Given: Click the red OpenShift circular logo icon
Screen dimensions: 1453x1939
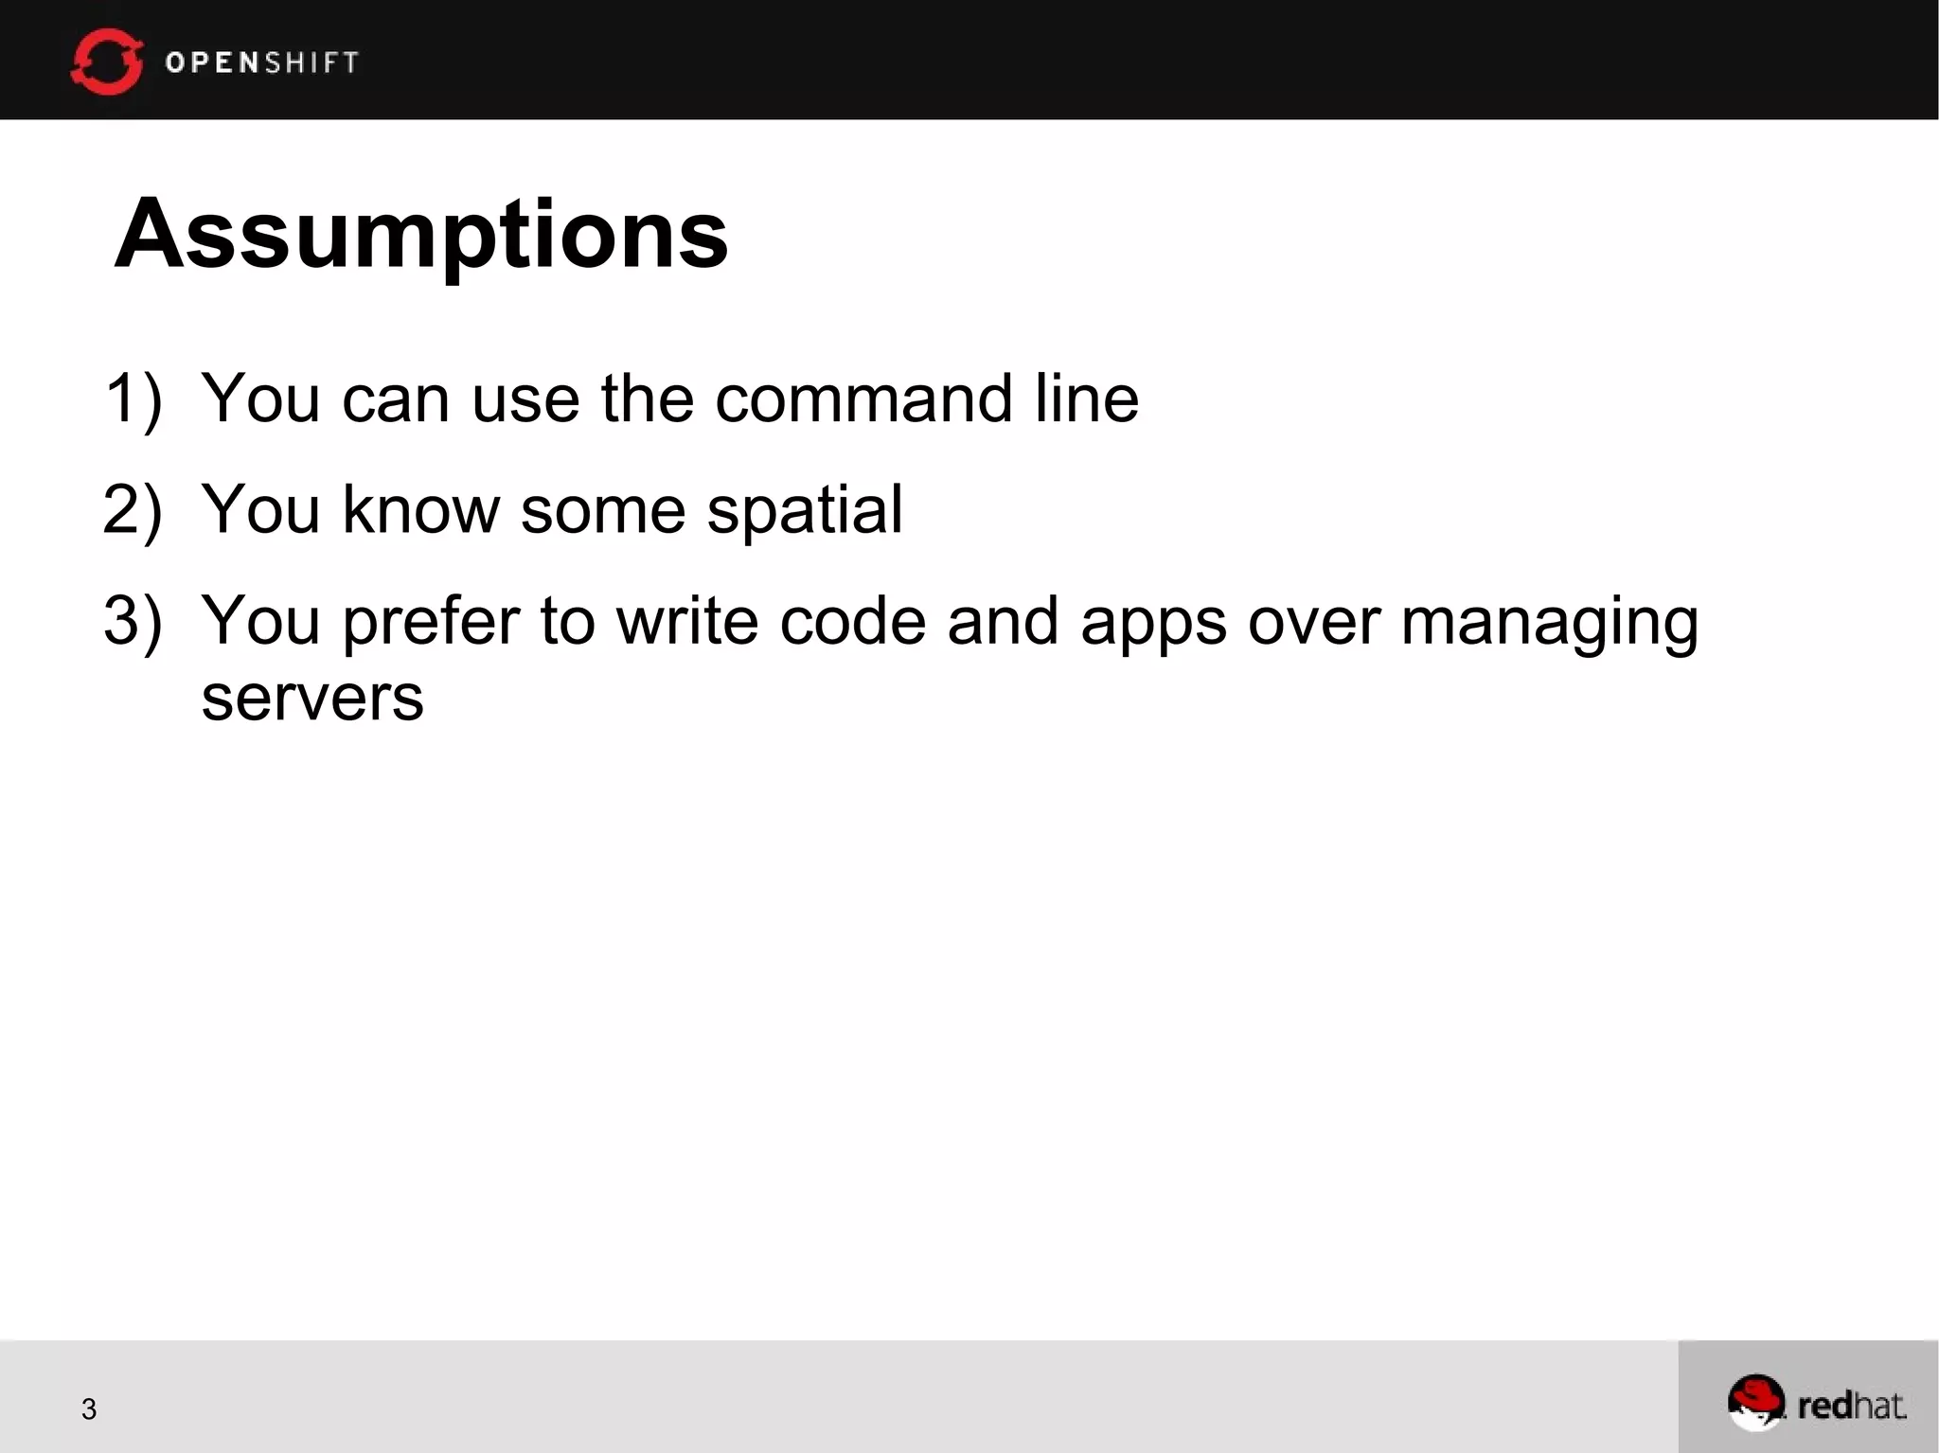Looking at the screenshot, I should [x=106, y=62].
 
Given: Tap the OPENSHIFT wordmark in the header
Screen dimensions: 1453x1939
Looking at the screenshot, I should [x=262, y=62].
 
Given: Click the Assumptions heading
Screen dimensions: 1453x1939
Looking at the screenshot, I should [x=421, y=234].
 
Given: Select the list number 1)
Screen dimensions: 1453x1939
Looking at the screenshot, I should [x=133, y=399].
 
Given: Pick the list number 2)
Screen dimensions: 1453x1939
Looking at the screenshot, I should [x=133, y=510].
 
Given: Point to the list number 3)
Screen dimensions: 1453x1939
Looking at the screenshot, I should [x=133, y=621].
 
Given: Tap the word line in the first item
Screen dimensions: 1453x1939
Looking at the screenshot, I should [x=1086, y=399].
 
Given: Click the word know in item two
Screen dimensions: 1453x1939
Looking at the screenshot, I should [x=420, y=510].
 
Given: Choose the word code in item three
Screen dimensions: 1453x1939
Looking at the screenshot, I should [x=852, y=621].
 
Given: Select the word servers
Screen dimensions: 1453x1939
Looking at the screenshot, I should [x=312, y=699].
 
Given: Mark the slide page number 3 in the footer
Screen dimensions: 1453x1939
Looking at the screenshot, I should [x=89, y=1409].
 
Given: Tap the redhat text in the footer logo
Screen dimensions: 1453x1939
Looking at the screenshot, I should [x=1851, y=1406].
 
